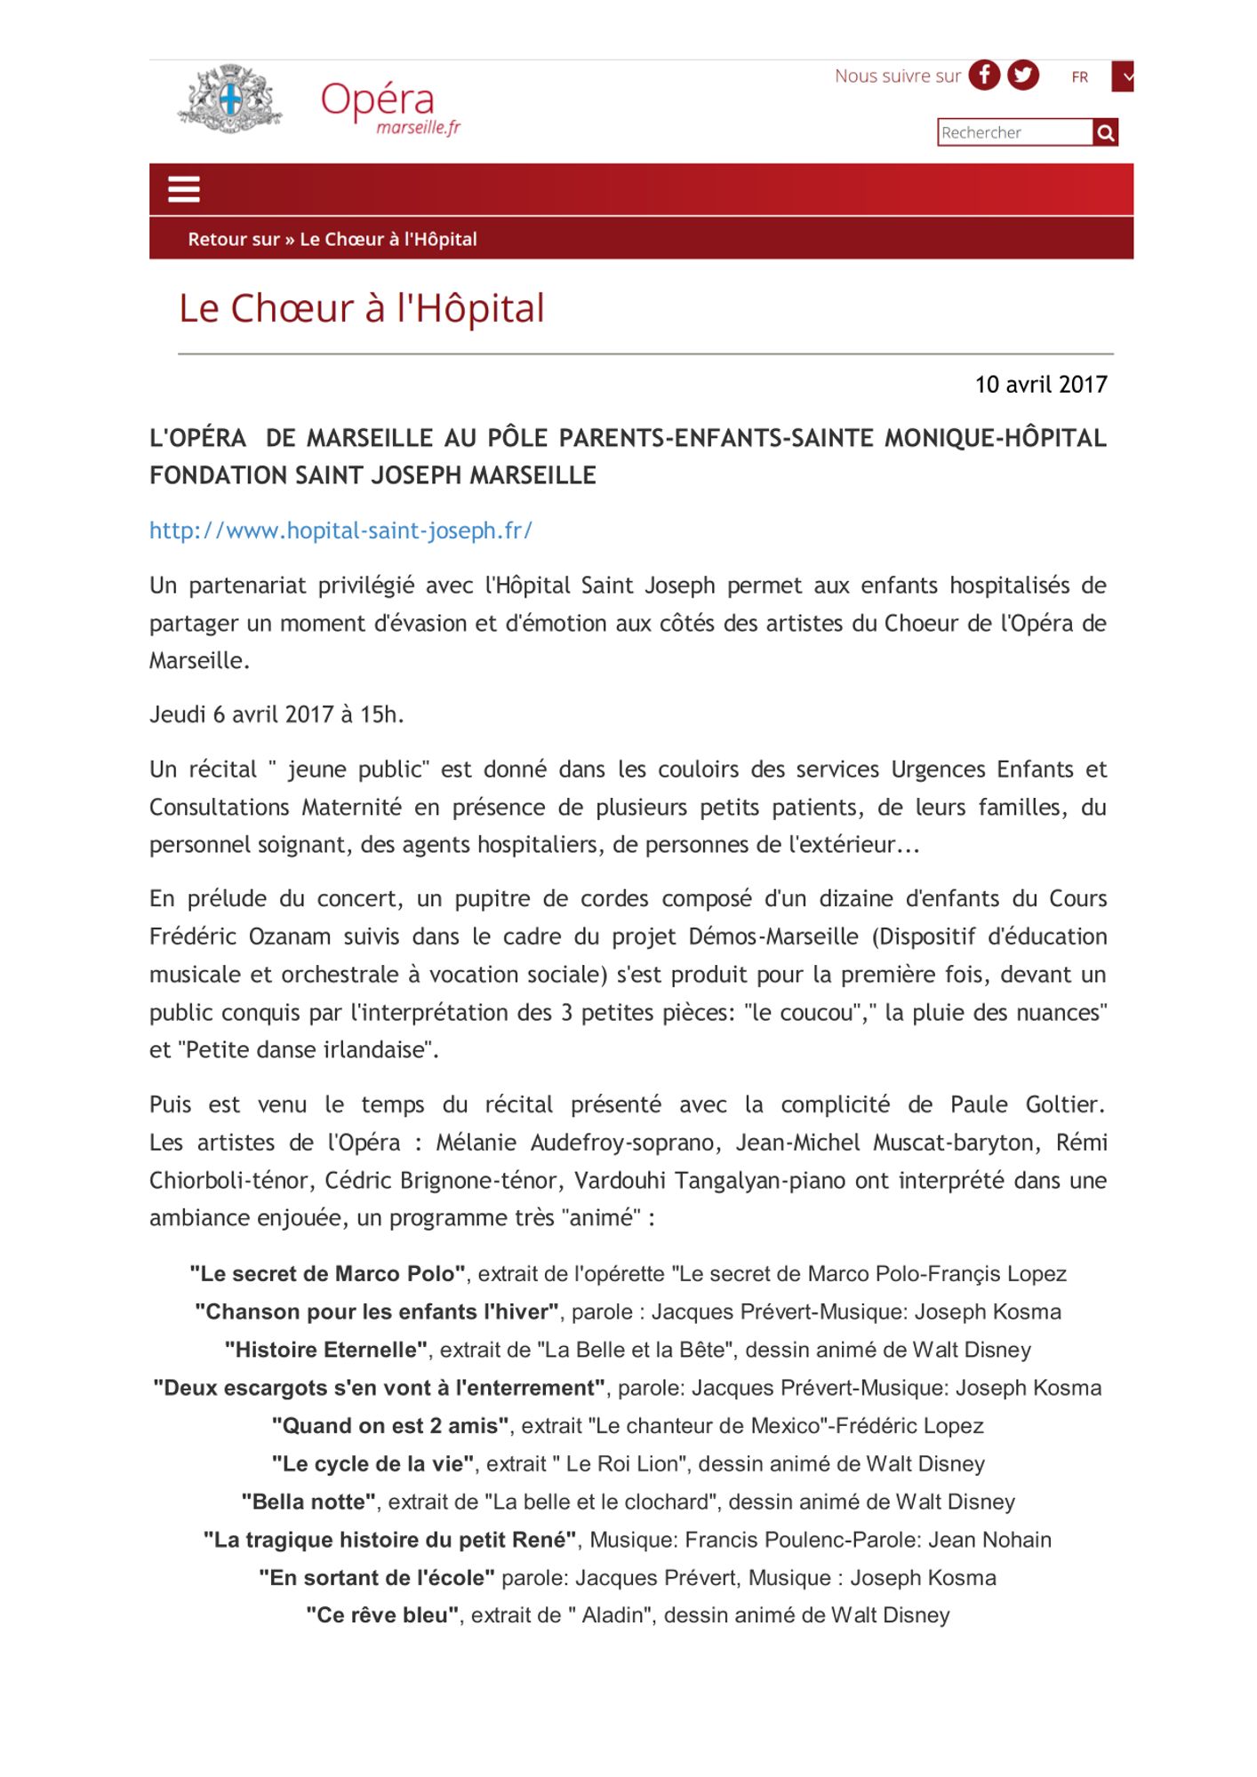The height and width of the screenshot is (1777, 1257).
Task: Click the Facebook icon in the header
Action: [984, 76]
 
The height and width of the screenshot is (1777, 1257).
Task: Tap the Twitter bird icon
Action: [1022, 76]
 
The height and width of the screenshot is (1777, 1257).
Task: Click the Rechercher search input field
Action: [1014, 132]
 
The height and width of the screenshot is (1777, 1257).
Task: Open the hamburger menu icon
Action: [184, 189]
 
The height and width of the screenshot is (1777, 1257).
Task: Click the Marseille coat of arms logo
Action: [230, 100]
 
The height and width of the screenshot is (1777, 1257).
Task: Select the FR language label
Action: [1079, 77]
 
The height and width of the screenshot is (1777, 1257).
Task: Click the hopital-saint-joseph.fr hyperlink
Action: [340, 530]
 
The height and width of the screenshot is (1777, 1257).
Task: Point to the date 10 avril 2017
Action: [1040, 385]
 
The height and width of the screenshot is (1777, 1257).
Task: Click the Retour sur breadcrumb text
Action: [234, 239]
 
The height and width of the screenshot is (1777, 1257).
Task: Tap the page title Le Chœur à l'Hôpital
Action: [361, 308]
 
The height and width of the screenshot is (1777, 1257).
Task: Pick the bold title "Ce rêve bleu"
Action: [382, 1615]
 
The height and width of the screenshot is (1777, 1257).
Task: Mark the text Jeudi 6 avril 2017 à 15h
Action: [276, 714]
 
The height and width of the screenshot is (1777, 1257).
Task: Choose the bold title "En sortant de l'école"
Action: [377, 1578]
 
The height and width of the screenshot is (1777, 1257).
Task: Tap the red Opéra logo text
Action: [378, 100]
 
